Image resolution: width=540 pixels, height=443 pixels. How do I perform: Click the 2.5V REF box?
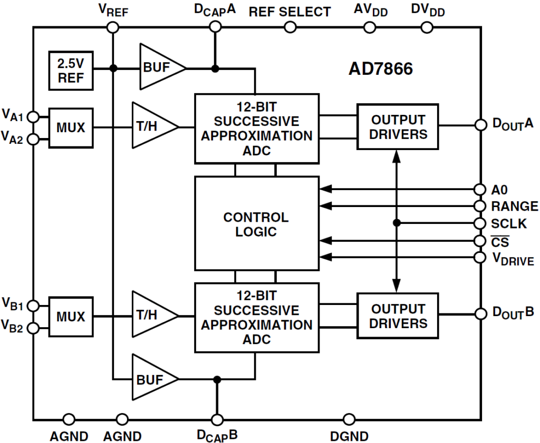(70, 70)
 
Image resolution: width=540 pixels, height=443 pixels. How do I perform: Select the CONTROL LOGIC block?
(256, 224)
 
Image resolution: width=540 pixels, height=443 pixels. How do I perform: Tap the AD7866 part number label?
(380, 69)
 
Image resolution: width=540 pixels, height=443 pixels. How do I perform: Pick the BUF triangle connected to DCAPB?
(153, 378)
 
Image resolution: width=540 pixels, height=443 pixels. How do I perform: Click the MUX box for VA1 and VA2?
(70, 127)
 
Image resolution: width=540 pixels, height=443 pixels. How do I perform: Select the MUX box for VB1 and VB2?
(70, 316)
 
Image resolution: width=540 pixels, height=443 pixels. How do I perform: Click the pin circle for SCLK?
(480, 223)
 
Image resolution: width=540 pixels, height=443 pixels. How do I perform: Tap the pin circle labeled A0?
(480, 189)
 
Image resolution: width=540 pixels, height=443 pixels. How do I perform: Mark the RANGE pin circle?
(480, 206)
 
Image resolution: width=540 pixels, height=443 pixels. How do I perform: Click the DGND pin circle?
(349, 420)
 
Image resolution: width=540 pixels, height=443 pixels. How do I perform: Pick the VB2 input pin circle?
(33, 328)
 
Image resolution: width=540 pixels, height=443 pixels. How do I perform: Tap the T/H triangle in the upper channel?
(153, 126)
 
